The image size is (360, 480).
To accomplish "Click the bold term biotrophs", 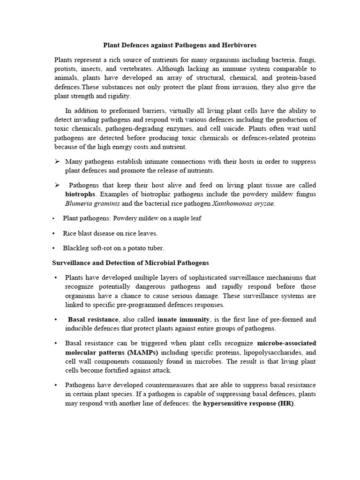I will click(x=80, y=194).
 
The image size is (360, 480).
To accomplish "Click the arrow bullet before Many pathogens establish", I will click(x=57, y=161).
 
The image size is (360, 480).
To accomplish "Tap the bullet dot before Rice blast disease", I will click(x=54, y=233).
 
